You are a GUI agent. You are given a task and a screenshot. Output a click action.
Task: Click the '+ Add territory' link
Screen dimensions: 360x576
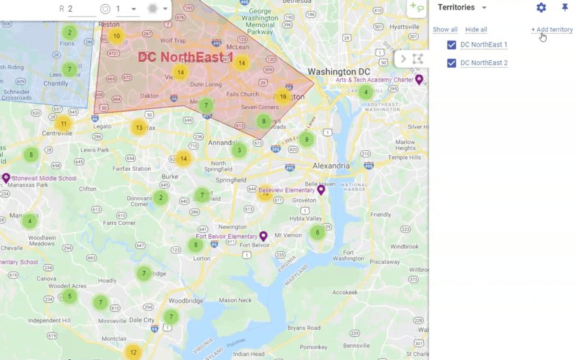coord(551,29)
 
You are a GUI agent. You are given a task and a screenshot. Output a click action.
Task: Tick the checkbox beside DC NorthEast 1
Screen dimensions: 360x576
coord(451,45)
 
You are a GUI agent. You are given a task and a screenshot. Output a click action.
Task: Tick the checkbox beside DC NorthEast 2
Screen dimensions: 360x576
coord(451,63)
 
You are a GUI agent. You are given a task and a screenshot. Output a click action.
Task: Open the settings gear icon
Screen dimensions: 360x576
coord(541,8)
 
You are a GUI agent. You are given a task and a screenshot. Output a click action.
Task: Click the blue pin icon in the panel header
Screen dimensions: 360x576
coord(565,8)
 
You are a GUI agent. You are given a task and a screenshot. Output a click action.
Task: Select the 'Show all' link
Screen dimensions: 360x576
coord(445,29)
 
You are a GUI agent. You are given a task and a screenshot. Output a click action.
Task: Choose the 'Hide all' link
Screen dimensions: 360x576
coord(476,29)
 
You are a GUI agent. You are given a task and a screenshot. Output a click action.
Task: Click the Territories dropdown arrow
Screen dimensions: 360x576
coord(484,8)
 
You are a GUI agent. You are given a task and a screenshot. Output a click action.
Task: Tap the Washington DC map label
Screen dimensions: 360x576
coord(339,72)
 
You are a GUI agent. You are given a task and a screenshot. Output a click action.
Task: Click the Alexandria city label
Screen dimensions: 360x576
coord(331,166)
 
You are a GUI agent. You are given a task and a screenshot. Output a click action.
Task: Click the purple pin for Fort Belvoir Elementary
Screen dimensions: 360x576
coord(263,236)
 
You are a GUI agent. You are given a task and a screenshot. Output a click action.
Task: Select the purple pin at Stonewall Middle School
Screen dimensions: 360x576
coord(6,178)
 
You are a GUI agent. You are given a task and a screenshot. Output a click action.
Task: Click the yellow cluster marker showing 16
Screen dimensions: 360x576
coord(283,97)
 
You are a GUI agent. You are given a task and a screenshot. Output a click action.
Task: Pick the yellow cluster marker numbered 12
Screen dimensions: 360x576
coord(133,352)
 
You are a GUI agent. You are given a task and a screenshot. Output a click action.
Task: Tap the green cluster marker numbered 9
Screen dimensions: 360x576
coord(307,140)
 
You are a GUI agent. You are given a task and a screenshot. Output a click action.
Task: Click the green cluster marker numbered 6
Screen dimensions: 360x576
coord(317,232)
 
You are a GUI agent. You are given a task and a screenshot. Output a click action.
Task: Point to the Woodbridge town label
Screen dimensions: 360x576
coord(185,301)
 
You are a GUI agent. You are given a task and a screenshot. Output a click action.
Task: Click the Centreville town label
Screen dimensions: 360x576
coord(57,133)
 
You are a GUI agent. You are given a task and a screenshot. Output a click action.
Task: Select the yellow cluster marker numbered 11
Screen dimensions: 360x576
coord(64,124)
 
